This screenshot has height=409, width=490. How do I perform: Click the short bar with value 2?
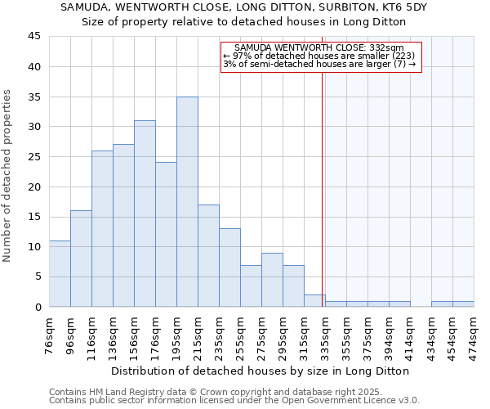314,300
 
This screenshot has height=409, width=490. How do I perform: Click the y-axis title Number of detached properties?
8,176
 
